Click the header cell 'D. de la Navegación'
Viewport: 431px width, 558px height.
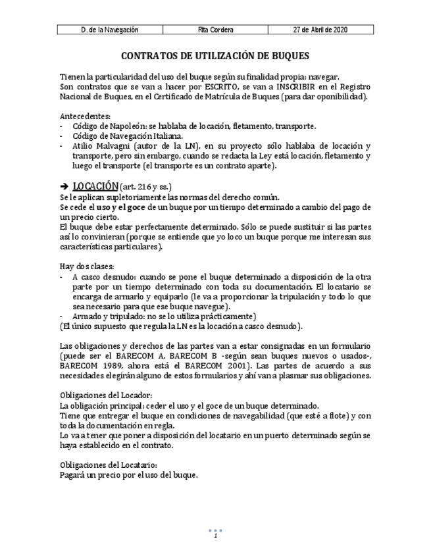(x=109, y=30)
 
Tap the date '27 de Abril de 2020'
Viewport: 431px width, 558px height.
(x=320, y=30)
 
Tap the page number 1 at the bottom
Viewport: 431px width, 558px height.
(x=215, y=536)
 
